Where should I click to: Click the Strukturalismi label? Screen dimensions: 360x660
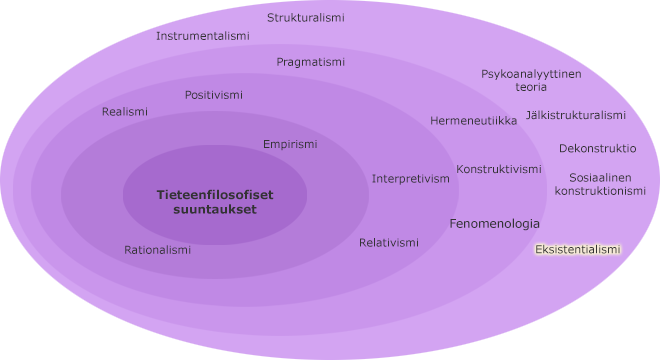pos(306,17)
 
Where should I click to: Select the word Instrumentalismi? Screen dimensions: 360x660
pos(203,36)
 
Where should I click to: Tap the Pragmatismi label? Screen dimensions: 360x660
pos(311,62)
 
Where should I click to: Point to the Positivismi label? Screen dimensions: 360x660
pos(213,95)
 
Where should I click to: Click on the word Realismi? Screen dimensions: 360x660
pos(125,112)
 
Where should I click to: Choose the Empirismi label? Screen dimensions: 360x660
pos(290,144)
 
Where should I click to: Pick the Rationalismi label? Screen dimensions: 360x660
pos(157,250)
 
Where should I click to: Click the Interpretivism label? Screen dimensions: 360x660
pos(411,179)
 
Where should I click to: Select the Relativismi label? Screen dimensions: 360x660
pos(389,243)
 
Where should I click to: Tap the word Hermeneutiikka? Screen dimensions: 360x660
pos(474,121)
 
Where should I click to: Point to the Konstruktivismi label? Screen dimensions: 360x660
pos(499,169)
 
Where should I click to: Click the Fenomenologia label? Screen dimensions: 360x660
pos(494,224)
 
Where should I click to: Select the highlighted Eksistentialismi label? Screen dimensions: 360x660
pos(578,250)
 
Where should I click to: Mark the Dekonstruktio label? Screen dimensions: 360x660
pos(597,148)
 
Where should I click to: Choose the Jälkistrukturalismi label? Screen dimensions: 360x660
pos(576,115)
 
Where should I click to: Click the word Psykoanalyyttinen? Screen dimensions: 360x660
pos(531,74)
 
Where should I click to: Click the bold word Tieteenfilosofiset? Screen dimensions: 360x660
pos(215,195)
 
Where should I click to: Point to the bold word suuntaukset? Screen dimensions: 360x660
pos(215,210)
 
